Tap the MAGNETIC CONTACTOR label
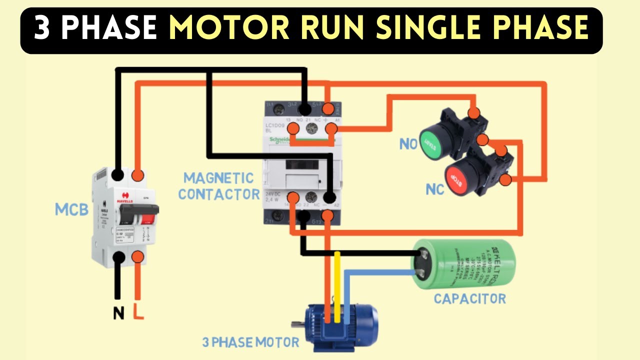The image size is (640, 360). click(218, 186)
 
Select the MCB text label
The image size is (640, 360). click(71, 209)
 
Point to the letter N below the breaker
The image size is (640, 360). click(118, 313)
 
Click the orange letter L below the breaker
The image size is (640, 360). click(138, 313)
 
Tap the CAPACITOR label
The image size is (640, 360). click(469, 299)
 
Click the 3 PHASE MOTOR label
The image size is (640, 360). click(251, 342)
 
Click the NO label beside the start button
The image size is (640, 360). click(408, 145)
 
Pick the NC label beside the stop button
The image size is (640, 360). click(435, 190)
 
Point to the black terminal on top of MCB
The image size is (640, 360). click(118, 175)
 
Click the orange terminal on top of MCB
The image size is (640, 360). click(138, 175)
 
